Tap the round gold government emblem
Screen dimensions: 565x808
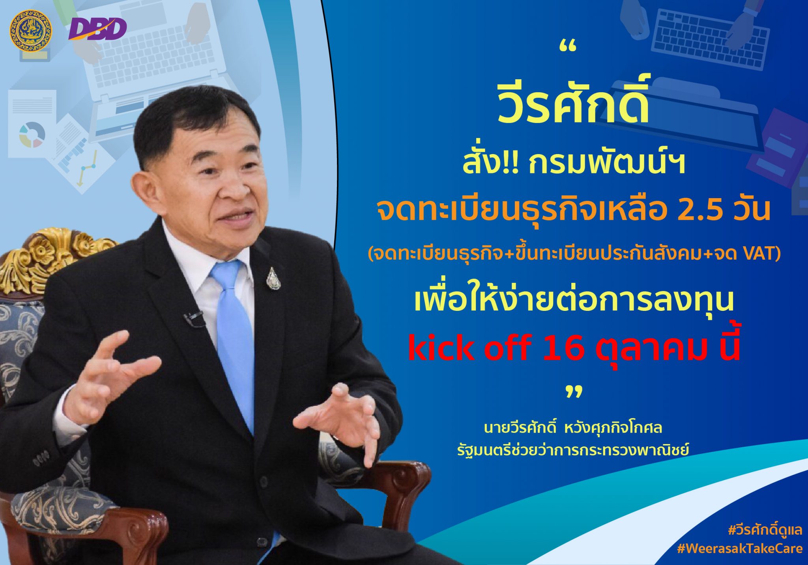point(30,30)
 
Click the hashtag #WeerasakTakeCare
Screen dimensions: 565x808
point(739,548)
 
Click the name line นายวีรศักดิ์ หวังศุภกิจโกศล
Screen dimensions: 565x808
point(573,428)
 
